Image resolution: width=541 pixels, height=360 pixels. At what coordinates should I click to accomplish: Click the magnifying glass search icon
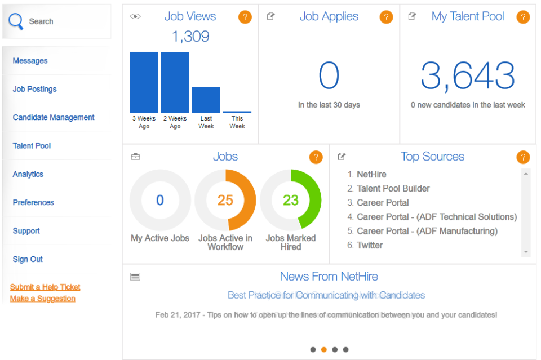[16, 21]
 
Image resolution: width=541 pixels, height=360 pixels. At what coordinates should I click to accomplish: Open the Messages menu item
[30, 61]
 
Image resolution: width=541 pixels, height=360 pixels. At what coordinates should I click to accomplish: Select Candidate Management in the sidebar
[54, 118]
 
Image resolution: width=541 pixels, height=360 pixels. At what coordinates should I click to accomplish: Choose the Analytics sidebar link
[28, 174]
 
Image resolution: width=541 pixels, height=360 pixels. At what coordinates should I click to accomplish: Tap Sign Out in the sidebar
[28, 259]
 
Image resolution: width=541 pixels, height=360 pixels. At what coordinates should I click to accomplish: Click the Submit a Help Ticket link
[45, 287]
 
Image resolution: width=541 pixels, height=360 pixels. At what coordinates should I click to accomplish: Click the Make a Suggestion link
[42, 299]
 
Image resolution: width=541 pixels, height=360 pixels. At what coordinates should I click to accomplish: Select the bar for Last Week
[206, 100]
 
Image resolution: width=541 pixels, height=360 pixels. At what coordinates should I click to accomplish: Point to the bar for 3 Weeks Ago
[144, 82]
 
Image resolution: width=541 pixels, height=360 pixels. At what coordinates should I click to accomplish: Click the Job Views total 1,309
[190, 37]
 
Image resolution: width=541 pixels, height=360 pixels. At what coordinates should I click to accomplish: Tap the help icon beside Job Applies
[386, 17]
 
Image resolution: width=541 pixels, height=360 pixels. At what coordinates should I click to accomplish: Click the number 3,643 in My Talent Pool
[468, 76]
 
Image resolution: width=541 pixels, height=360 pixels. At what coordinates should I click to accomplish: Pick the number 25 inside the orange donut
[225, 200]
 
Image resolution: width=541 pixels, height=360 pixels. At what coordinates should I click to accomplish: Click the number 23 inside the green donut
[290, 200]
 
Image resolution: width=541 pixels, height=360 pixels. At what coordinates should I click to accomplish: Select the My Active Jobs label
[160, 238]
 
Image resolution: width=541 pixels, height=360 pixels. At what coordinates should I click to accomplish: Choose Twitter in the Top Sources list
[370, 245]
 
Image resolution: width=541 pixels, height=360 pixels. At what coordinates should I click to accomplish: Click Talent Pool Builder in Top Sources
[393, 188]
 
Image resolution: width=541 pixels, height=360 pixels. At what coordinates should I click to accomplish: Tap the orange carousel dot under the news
[324, 349]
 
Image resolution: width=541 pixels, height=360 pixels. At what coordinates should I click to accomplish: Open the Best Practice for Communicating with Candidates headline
[326, 295]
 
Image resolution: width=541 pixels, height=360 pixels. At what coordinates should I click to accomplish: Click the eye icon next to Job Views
[135, 16]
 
